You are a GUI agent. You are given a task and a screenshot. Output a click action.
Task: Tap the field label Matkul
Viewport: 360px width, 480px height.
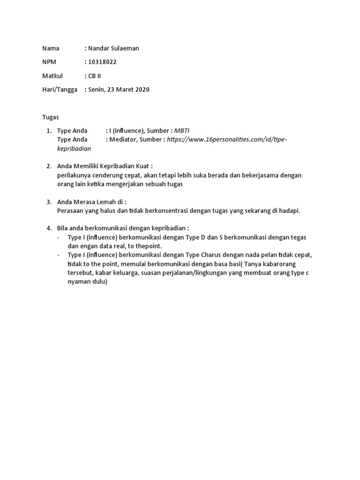coord(52,75)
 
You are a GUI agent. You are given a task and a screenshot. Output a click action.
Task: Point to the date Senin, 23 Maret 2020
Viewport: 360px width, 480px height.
coord(119,90)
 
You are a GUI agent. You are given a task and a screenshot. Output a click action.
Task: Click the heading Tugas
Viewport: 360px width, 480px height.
coord(51,117)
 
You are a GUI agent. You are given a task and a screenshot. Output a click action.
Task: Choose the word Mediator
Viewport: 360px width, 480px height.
coord(124,139)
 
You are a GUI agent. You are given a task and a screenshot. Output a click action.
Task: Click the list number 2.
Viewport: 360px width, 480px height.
coord(49,166)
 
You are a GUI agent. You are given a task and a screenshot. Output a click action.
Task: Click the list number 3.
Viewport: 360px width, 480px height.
coord(49,202)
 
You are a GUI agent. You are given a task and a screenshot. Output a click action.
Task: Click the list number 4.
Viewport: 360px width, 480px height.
coord(49,228)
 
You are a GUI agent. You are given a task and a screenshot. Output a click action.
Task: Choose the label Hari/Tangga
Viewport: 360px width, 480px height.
coord(60,90)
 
